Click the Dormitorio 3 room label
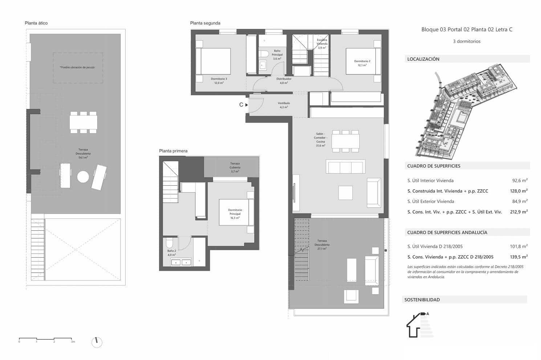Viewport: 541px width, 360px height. [x=219, y=81]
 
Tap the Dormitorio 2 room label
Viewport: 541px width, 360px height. [x=362, y=63]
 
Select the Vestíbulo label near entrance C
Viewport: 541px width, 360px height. [x=284, y=105]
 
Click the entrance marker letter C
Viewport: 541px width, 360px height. [x=241, y=105]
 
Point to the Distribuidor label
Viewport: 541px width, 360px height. [x=284, y=81]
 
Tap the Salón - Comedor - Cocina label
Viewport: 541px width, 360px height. [x=320, y=139]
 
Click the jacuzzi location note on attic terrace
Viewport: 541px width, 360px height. [x=77, y=67]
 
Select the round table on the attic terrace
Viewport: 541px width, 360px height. [x=83, y=177]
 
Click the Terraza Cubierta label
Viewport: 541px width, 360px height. [x=235, y=167]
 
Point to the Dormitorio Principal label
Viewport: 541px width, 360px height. [x=235, y=214]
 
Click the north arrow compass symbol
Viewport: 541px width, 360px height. [x=97, y=342]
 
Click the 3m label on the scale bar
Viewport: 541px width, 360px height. [x=73, y=342]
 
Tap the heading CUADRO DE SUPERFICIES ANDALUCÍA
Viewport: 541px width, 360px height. [x=447, y=232]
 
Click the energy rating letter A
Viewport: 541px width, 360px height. [x=427, y=314]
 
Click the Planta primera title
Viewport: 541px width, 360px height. [x=173, y=151]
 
